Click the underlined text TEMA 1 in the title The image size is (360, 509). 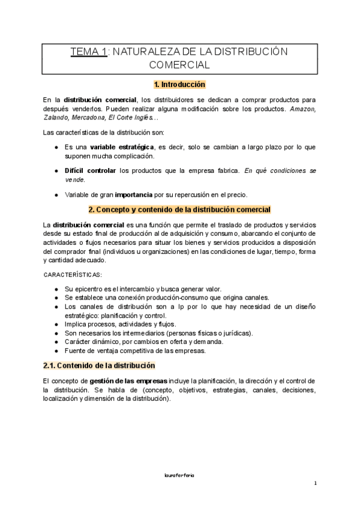coord(89,52)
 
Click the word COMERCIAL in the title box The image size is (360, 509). coord(179,65)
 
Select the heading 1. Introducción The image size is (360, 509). coord(179,85)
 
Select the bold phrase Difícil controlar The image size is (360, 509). coord(90,170)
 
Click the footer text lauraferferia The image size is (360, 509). coord(180,474)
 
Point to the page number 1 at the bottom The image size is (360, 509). coord(315,483)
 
